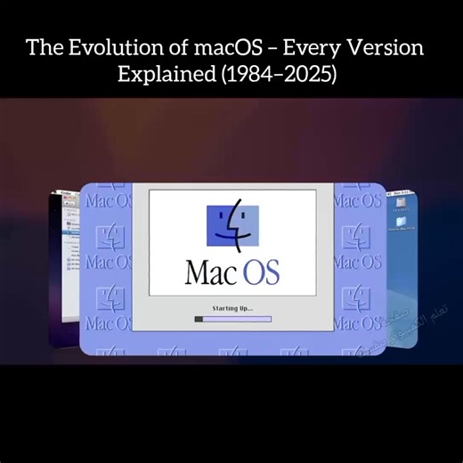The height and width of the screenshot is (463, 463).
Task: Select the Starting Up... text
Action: [231, 308]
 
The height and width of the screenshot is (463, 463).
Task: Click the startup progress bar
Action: [232, 319]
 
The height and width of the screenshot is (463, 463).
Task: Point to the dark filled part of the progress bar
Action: [199, 319]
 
